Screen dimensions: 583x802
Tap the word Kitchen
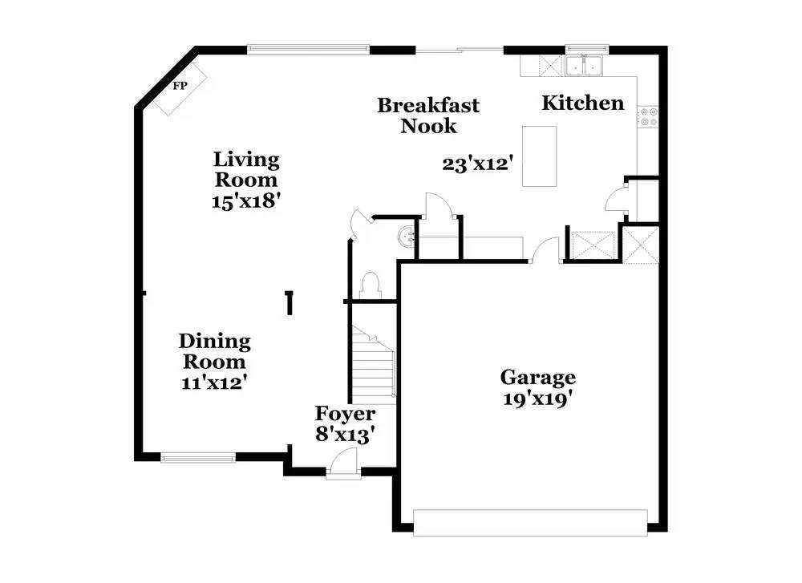tap(582, 103)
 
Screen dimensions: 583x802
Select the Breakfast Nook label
tap(428, 115)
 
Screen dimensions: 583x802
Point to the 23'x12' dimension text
tap(477, 163)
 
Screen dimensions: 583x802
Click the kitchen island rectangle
tap(539, 156)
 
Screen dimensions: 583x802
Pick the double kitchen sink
tap(584, 65)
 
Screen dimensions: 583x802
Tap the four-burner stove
tap(647, 117)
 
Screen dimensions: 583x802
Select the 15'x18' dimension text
tap(245, 200)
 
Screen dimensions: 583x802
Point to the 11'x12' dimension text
tap(213, 383)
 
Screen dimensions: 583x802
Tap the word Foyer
tap(344, 414)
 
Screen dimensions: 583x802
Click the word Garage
tap(537, 376)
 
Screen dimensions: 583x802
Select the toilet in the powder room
tap(371, 285)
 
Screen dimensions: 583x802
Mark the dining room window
tap(198, 458)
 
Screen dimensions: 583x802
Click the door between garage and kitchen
tap(548, 249)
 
